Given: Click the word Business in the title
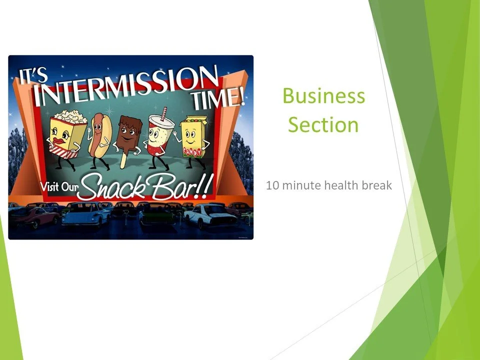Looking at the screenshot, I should coord(323,95).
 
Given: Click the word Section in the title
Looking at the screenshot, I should coord(323,124).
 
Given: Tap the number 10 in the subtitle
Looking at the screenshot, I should coord(272,186).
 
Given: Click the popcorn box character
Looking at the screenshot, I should coord(68,132).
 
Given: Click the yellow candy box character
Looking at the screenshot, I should coord(192,137).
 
